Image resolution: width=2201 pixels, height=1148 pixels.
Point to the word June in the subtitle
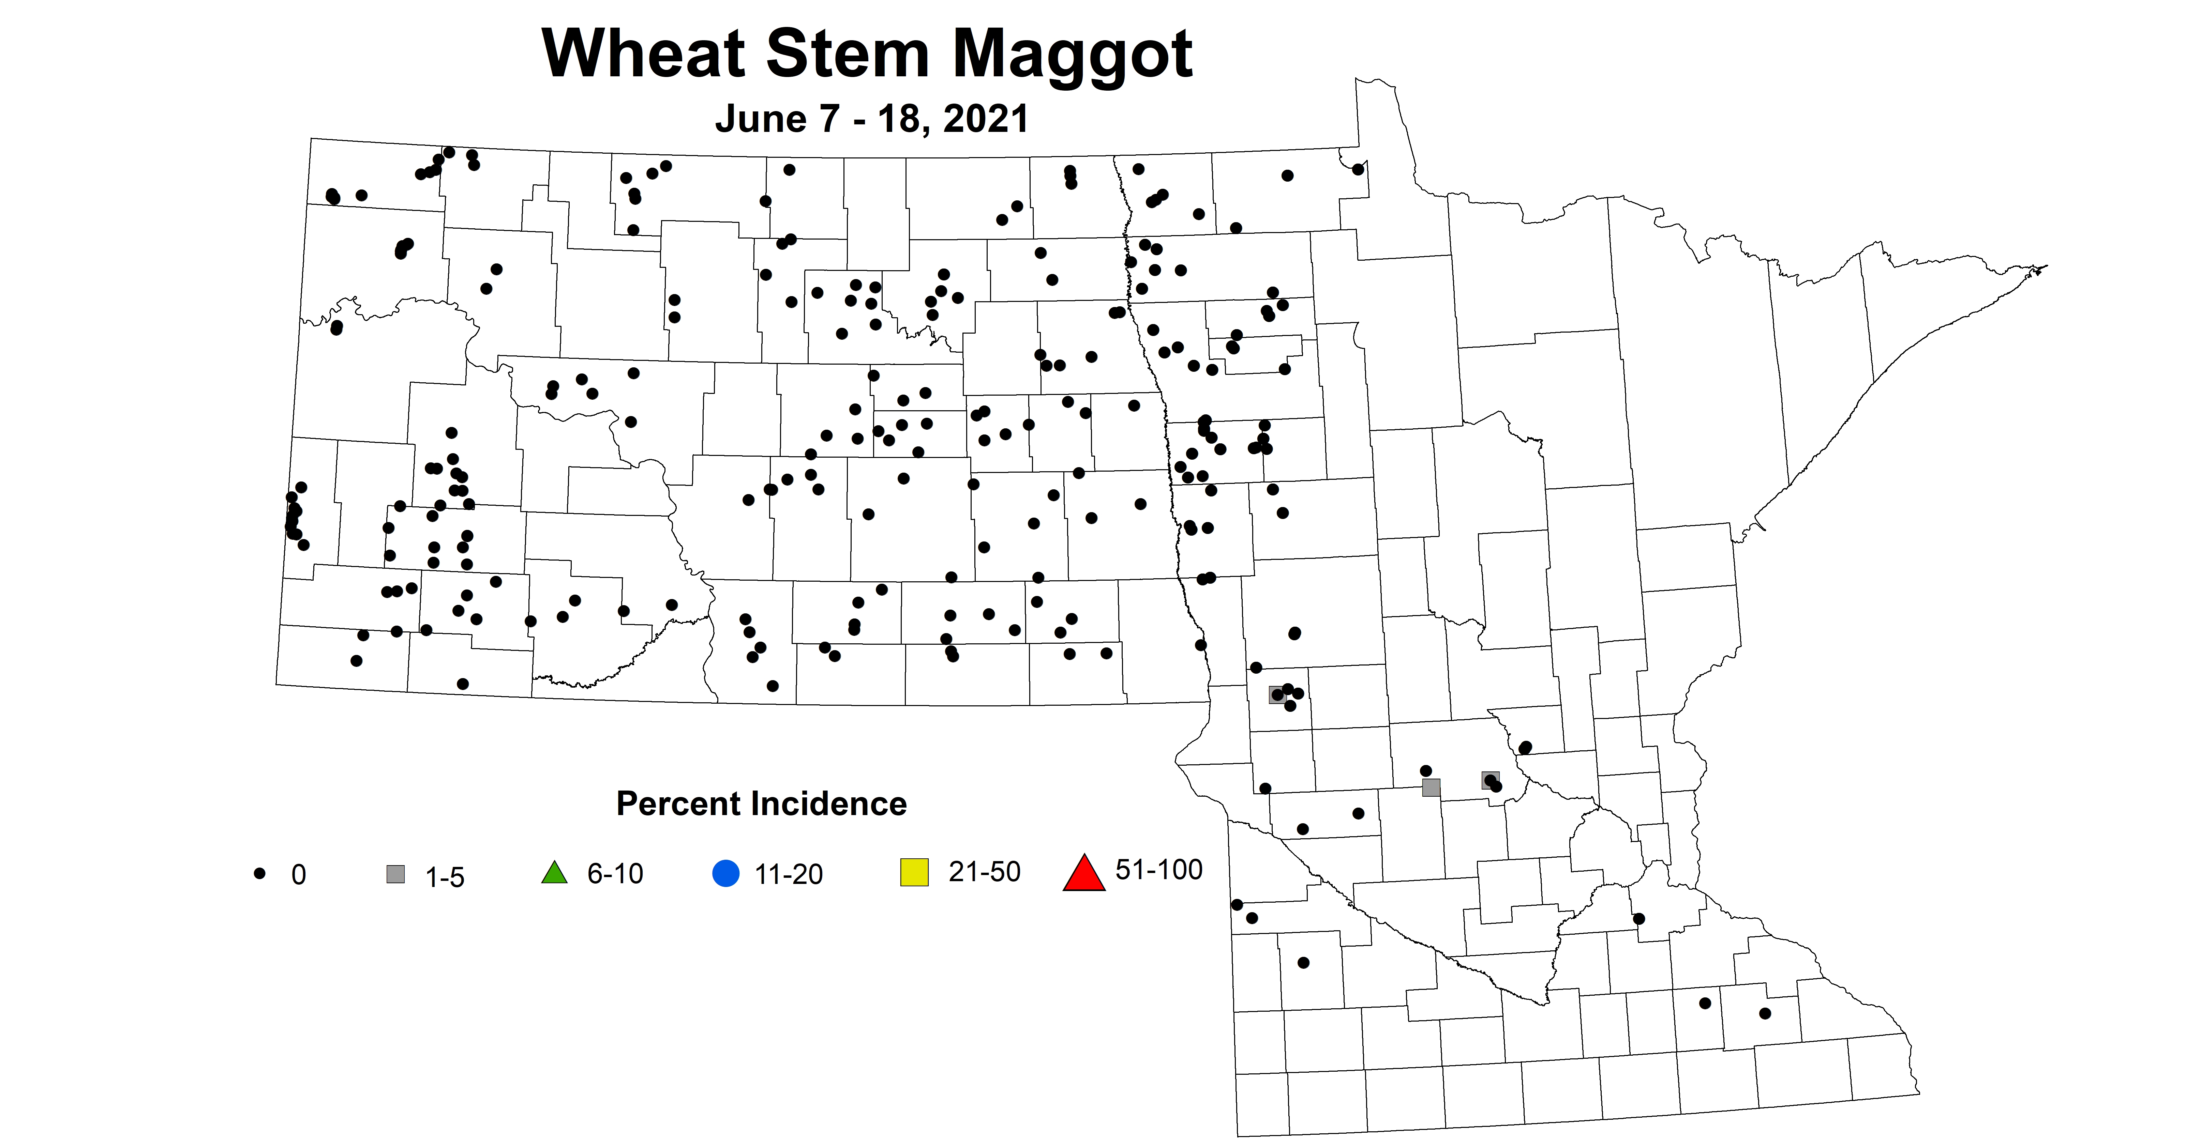click(x=759, y=119)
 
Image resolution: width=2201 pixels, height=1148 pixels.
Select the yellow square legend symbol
click(x=914, y=873)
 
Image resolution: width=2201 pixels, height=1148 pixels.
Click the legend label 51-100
click(x=1158, y=870)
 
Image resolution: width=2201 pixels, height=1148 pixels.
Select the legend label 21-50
click(x=984, y=871)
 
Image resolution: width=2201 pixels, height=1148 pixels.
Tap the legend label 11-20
click(x=789, y=875)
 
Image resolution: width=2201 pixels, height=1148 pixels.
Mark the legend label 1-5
click(x=444, y=877)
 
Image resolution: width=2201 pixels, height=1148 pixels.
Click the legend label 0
click(x=298, y=875)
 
